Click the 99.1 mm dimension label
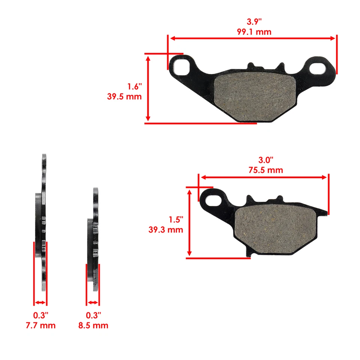click(254, 32)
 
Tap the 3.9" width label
click(254, 22)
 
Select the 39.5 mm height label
click(124, 96)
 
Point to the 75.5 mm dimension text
click(265, 170)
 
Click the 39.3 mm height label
click(166, 229)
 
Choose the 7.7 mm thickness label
click(40, 325)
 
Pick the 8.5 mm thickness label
click(93, 325)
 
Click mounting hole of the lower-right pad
click(214, 199)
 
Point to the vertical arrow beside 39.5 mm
click(148, 88)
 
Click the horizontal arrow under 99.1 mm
click(252, 38)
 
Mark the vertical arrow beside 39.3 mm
click(189, 222)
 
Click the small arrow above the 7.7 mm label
click(40, 303)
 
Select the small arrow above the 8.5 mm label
click(93, 303)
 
